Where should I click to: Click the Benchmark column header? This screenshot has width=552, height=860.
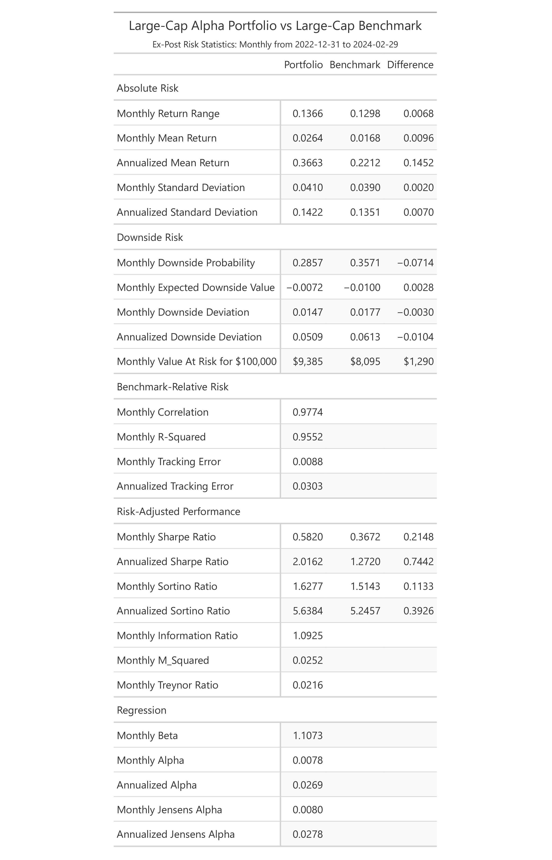pos(355,65)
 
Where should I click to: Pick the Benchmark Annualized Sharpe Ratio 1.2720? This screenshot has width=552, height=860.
pos(365,562)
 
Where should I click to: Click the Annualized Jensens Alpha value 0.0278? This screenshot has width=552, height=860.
pos(307,834)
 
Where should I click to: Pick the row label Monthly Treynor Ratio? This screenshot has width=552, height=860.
pos(167,685)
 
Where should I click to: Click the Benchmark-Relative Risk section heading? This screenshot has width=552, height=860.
pos(173,387)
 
